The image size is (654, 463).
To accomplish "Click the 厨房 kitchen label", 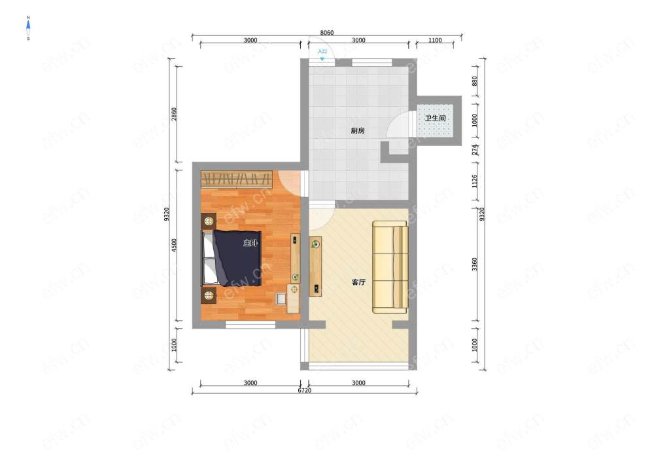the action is (x=358, y=131).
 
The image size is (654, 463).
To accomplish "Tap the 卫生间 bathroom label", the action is (x=435, y=118).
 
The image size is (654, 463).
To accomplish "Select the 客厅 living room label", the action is (x=358, y=282).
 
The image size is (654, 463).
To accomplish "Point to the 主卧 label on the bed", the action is (x=250, y=243).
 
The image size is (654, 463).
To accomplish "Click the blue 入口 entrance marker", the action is (x=322, y=54).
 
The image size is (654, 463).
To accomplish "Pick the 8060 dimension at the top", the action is (x=326, y=33).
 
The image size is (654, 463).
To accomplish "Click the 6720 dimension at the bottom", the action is (x=305, y=390).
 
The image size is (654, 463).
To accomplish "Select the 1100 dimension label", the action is (x=435, y=40).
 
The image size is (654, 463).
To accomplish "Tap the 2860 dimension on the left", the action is (x=174, y=114).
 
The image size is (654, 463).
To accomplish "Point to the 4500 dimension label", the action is (x=174, y=245).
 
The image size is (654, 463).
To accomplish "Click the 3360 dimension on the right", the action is (x=474, y=264).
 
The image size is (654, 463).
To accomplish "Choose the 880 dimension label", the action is (x=474, y=81).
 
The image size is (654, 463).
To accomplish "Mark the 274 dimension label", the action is (x=474, y=150).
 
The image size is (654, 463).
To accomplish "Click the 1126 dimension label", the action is (x=474, y=181).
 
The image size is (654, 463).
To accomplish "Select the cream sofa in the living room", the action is (x=390, y=267).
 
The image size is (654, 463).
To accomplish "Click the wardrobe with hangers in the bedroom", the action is (x=237, y=179).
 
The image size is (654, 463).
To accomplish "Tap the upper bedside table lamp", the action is (x=209, y=221).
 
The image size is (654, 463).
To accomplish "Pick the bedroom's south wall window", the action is (x=250, y=324).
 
